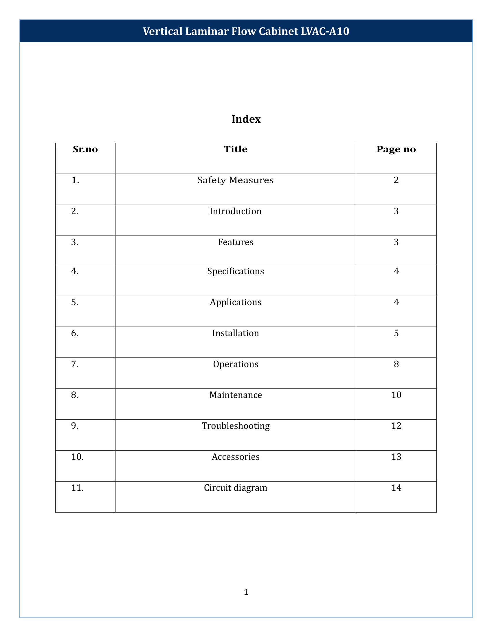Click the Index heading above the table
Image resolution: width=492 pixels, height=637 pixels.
246,119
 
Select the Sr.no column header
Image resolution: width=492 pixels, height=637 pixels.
85,149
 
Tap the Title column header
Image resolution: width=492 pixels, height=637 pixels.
236,149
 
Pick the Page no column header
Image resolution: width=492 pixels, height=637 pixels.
396,149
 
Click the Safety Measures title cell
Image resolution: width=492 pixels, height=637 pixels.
236,180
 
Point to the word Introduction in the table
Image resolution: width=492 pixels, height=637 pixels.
236,211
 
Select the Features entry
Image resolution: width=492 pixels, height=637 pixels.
236,242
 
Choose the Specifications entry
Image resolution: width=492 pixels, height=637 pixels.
236,271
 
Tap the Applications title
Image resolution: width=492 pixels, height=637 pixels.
236,302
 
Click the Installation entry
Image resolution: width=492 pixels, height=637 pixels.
236,333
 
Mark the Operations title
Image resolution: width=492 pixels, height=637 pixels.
236,364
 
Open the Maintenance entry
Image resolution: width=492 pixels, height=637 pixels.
236,395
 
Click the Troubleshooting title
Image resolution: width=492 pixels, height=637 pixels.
236,426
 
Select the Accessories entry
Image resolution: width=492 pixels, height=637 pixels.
236,457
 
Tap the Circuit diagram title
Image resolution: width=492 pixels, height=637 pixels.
236,488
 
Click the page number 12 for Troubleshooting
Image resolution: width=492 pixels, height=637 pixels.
396,426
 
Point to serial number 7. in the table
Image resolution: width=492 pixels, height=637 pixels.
75,364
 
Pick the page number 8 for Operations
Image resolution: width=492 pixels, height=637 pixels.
396,364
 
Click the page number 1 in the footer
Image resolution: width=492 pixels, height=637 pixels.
246,592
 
